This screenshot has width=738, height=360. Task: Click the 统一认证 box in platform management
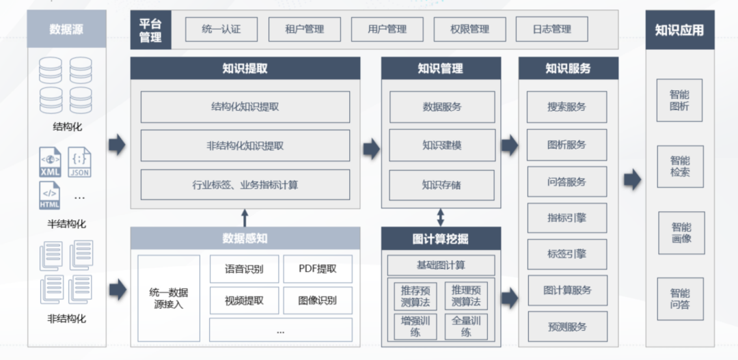click(221, 29)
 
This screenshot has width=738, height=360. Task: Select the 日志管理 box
click(551, 29)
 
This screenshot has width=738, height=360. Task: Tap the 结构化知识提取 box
click(245, 107)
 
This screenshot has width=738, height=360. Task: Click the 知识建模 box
click(441, 146)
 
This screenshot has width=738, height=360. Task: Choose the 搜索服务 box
click(566, 107)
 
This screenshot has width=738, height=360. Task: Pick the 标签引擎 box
click(566, 253)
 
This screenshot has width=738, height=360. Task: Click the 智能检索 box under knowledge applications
click(680, 167)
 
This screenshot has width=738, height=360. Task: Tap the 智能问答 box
click(680, 299)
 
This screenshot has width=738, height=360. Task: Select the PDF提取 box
click(318, 269)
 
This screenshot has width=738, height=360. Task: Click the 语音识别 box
click(244, 269)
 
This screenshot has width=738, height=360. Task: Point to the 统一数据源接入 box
click(169, 299)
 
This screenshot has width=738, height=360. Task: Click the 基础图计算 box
click(441, 265)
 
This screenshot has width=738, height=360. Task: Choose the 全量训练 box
click(466, 326)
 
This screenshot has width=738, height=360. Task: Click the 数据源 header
click(66, 29)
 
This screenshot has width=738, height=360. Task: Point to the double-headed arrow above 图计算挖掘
click(441, 217)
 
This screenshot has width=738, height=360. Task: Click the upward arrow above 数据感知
click(245, 218)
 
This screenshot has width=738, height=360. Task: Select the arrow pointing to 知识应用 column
click(632, 180)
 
